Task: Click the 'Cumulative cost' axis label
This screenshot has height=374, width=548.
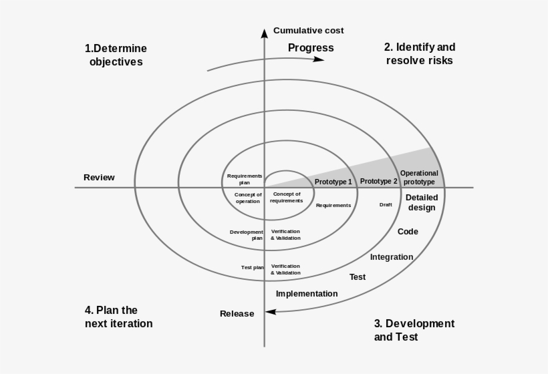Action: coord(308,31)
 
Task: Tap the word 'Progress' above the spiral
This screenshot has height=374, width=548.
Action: coord(311,48)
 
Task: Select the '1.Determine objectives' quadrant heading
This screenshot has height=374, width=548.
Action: coord(116,55)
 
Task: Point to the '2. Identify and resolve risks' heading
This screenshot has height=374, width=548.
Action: coord(419,53)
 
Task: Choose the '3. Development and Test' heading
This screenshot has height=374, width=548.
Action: coord(414,330)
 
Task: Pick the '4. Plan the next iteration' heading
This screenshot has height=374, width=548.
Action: coord(118,317)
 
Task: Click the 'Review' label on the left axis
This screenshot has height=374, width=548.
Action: coord(99,178)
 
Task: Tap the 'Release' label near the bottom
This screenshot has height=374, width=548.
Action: coord(237,314)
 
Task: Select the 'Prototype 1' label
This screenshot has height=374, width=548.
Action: coord(333,182)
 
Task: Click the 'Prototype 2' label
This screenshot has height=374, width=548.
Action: coord(378,181)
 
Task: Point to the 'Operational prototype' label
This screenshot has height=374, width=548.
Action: coord(419,178)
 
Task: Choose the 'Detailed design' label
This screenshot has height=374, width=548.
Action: coord(421,202)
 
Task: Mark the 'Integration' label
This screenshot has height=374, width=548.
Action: coord(392,257)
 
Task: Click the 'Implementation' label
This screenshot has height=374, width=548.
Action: coord(307,294)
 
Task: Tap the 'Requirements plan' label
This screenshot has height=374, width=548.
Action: coord(245,179)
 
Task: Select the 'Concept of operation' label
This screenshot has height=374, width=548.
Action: coord(248,198)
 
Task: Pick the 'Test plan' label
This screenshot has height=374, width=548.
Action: coord(253,267)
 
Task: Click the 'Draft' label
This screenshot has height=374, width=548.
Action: coord(386,204)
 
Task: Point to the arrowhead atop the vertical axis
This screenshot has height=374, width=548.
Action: coord(265,31)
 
